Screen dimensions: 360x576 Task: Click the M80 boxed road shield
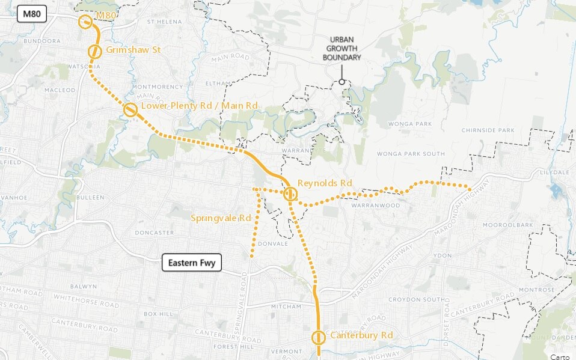click(x=28, y=13)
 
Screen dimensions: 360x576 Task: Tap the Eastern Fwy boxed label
click(x=192, y=263)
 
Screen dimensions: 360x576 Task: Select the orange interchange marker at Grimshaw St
click(x=94, y=52)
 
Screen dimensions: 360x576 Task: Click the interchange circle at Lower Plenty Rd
click(x=129, y=110)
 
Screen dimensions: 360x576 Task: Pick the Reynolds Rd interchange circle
click(x=290, y=194)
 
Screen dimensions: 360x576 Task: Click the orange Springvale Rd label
click(x=220, y=218)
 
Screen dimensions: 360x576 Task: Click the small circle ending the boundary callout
click(x=342, y=82)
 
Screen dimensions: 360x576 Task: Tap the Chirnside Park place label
click(x=488, y=130)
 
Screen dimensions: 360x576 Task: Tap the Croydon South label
click(x=414, y=299)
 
